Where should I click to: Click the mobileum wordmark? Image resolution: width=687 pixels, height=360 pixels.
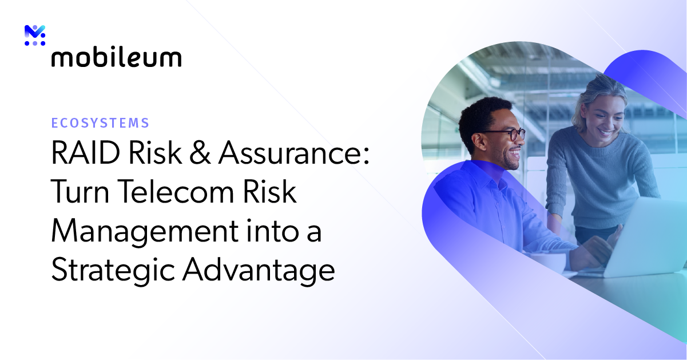[116, 57]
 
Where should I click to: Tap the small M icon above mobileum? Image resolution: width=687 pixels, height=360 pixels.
[35, 35]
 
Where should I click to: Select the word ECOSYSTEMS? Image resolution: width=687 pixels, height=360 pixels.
[100, 122]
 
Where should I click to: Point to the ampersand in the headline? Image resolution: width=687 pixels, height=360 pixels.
[200, 155]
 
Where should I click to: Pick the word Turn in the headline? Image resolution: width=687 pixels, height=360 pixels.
[80, 193]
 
